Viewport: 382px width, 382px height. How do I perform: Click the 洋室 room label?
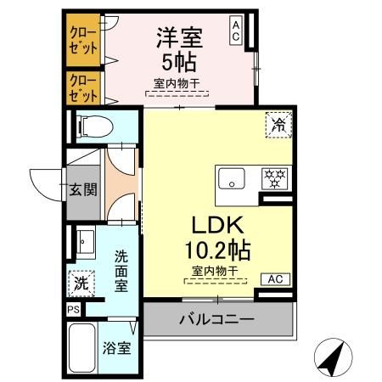[x=178, y=37]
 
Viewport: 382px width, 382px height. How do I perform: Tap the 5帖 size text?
[x=178, y=63]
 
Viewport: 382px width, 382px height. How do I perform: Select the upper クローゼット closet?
[x=81, y=40]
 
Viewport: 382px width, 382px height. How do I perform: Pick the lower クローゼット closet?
[x=81, y=88]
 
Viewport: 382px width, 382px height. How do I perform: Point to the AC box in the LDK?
[x=276, y=278]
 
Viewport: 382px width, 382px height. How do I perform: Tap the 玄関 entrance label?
[x=82, y=188]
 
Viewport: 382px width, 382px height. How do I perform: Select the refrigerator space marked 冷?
[x=278, y=124]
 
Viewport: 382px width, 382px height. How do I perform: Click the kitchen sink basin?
[x=231, y=179]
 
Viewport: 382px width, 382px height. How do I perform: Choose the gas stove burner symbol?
[x=273, y=179]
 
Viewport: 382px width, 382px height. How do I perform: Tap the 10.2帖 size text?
[x=217, y=251]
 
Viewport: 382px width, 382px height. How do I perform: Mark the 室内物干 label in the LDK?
[x=214, y=271]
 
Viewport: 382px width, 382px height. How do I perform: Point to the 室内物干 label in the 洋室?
[x=179, y=83]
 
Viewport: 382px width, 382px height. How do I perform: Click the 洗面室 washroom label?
[x=121, y=270]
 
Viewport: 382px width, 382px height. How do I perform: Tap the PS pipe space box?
[x=73, y=311]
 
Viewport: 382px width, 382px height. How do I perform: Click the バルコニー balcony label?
[x=216, y=320]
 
